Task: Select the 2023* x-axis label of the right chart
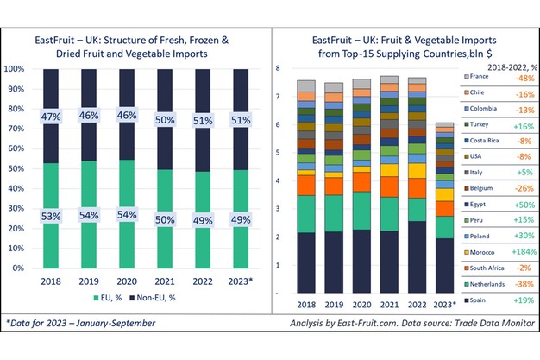coord(444,303)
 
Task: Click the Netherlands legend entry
coord(492,284)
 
